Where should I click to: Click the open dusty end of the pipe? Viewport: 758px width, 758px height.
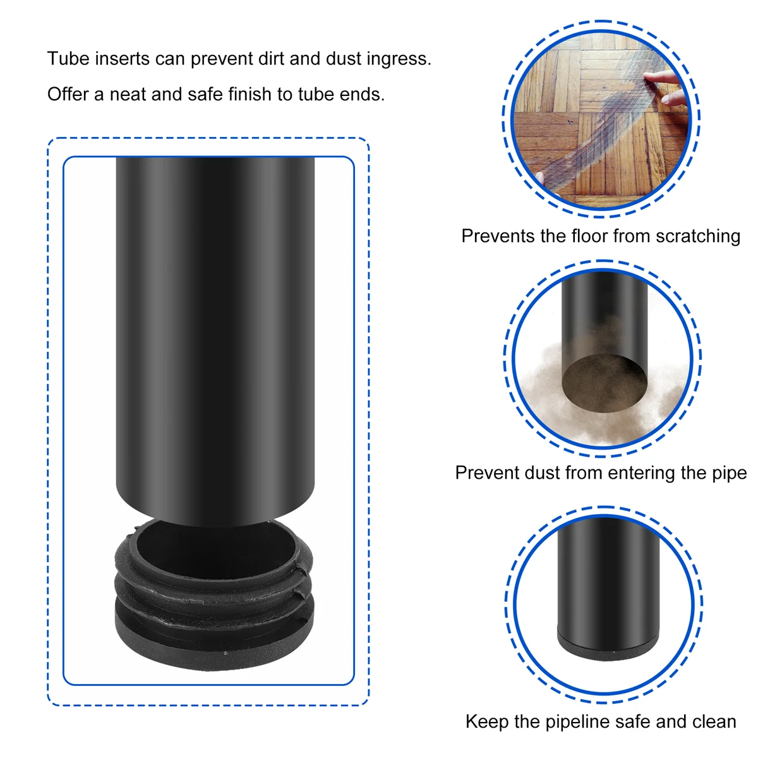(x=605, y=383)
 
